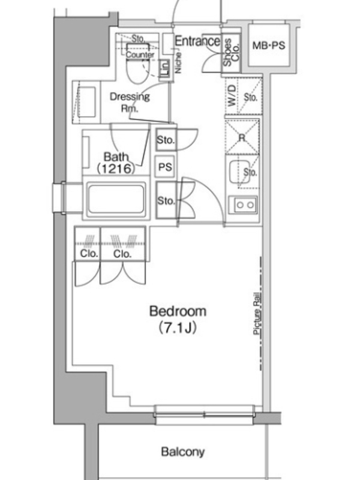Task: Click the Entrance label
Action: point(197,41)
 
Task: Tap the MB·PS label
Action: point(268,46)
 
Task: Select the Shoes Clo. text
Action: point(231,52)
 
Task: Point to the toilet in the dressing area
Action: point(139,64)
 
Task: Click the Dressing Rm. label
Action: point(130,102)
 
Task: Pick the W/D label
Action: point(232,95)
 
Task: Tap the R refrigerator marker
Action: point(242,138)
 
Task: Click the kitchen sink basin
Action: point(239,172)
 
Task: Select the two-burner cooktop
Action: point(244,205)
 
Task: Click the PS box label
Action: point(165,167)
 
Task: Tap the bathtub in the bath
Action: point(116,199)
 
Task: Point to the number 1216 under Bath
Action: point(116,169)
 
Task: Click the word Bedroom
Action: point(178,311)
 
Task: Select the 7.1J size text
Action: point(178,328)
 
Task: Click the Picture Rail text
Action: point(257,314)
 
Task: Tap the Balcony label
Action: point(183,452)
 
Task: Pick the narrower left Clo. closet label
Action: point(89,253)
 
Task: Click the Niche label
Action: point(178,63)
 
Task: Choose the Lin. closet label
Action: point(165,68)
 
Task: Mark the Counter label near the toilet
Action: point(140,55)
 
